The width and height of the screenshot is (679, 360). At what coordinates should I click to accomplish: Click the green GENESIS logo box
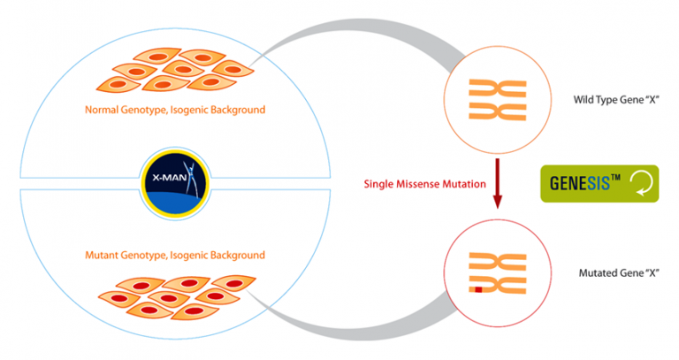pyautogui.click(x=599, y=184)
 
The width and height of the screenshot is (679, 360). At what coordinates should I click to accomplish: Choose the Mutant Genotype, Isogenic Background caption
pyautogui.click(x=175, y=255)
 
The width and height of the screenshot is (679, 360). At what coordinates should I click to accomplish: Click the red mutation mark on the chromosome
pyautogui.click(x=476, y=288)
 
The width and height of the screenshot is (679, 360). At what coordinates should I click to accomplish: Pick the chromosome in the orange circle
pyautogui.click(x=497, y=100)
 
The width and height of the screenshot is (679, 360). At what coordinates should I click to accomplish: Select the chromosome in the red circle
pyautogui.click(x=497, y=273)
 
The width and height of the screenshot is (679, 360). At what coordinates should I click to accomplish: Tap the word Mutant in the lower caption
pyautogui.click(x=103, y=255)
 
